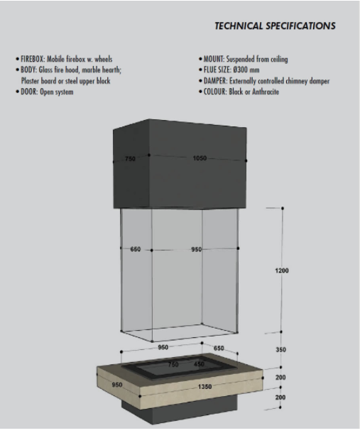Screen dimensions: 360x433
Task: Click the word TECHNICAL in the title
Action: [239, 26]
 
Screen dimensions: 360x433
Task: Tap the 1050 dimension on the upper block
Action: [200, 158]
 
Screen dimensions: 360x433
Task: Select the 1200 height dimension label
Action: [282, 270]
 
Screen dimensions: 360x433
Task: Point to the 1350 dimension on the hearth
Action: [205, 387]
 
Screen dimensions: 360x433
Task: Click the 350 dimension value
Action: [280, 350]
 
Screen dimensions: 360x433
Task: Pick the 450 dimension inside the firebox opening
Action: [199, 364]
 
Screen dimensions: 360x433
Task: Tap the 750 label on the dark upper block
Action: [130, 159]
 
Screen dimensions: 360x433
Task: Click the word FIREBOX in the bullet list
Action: [33, 59]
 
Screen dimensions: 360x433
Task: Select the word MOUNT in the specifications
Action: [214, 59]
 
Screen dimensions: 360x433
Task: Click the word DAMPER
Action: [215, 81]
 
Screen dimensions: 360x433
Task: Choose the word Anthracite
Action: [266, 92]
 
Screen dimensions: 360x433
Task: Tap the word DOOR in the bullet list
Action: [29, 92]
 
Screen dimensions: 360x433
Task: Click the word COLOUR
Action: [215, 92]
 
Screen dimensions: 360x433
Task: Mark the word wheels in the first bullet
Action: [104, 59]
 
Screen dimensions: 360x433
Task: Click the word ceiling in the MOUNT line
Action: [279, 60]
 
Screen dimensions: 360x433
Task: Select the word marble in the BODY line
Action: [91, 70]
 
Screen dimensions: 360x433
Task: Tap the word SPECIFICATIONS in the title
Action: [300, 26]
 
